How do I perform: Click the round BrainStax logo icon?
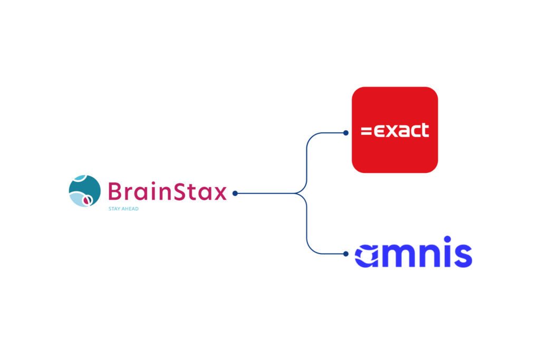tap(84, 191)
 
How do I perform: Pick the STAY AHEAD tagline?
tap(123, 209)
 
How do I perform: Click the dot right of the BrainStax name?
tap(235, 193)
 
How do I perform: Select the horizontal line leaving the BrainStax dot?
tap(266, 193)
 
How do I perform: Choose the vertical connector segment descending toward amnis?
tap(307, 224)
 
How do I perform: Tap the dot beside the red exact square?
tap(345, 133)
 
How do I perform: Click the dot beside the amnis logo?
tap(345, 254)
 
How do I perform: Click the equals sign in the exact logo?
tap(365, 131)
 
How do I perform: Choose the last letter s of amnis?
tap(462, 256)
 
